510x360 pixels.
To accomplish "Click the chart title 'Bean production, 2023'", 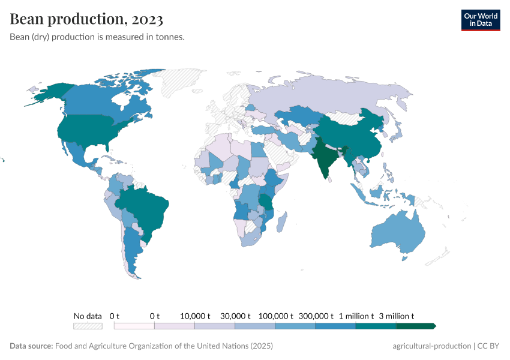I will (86, 19).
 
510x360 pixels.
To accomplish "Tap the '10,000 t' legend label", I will (194, 316).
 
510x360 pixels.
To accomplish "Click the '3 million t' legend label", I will (396, 316).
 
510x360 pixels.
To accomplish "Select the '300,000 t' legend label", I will (316, 316).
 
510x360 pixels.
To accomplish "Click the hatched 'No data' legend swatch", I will (88, 326).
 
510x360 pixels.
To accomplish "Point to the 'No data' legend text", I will (88, 316).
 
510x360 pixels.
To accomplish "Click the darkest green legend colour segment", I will (415, 326).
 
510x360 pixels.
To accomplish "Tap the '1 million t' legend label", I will (356, 316).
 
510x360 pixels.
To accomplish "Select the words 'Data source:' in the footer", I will (31, 346).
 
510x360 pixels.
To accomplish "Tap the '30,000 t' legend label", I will (235, 316).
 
